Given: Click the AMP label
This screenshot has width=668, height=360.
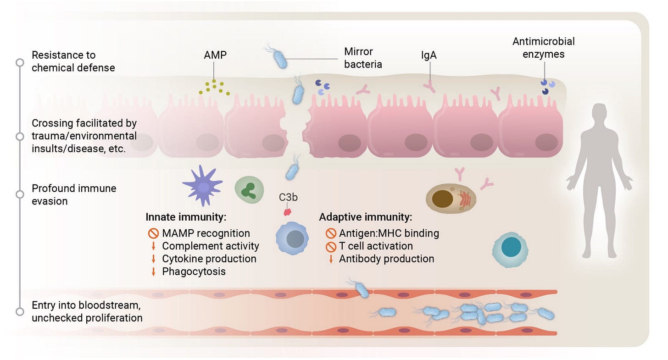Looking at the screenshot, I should (215, 55).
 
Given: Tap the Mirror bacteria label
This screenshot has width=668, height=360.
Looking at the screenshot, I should (363, 58).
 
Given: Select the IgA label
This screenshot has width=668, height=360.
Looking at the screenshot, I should (429, 55).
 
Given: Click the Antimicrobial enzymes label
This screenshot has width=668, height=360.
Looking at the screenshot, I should (543, 48).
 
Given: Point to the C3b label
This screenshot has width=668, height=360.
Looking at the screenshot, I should (288, 198).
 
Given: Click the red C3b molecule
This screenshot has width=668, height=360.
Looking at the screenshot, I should (288, 211).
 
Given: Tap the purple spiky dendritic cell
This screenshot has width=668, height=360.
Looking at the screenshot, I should (202, 185).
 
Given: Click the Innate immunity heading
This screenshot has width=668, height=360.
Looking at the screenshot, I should (186, 217).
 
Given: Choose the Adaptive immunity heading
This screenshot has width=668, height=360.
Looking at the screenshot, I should (366, 217).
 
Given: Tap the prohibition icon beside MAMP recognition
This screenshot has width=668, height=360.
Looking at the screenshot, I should (153, 233).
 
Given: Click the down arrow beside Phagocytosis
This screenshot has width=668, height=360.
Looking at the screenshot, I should (153, 271).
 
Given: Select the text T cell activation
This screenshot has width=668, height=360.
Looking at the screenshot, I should (376, 246).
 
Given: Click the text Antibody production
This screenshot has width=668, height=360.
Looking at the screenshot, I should (386, 259).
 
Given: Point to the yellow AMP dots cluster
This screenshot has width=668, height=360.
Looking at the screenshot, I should (214, 87).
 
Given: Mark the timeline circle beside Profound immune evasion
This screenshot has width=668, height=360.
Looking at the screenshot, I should (20, 194).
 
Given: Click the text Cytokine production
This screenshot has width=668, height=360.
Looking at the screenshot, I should (209, 259).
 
